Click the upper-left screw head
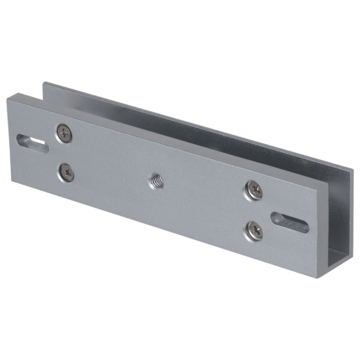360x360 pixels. tap(64, 133)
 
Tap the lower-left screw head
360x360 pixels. tap(66, 173)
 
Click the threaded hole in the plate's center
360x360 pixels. tap(155, 180)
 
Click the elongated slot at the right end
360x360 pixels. tap(289, 221)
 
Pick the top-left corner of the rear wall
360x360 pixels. tap(44, 83)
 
